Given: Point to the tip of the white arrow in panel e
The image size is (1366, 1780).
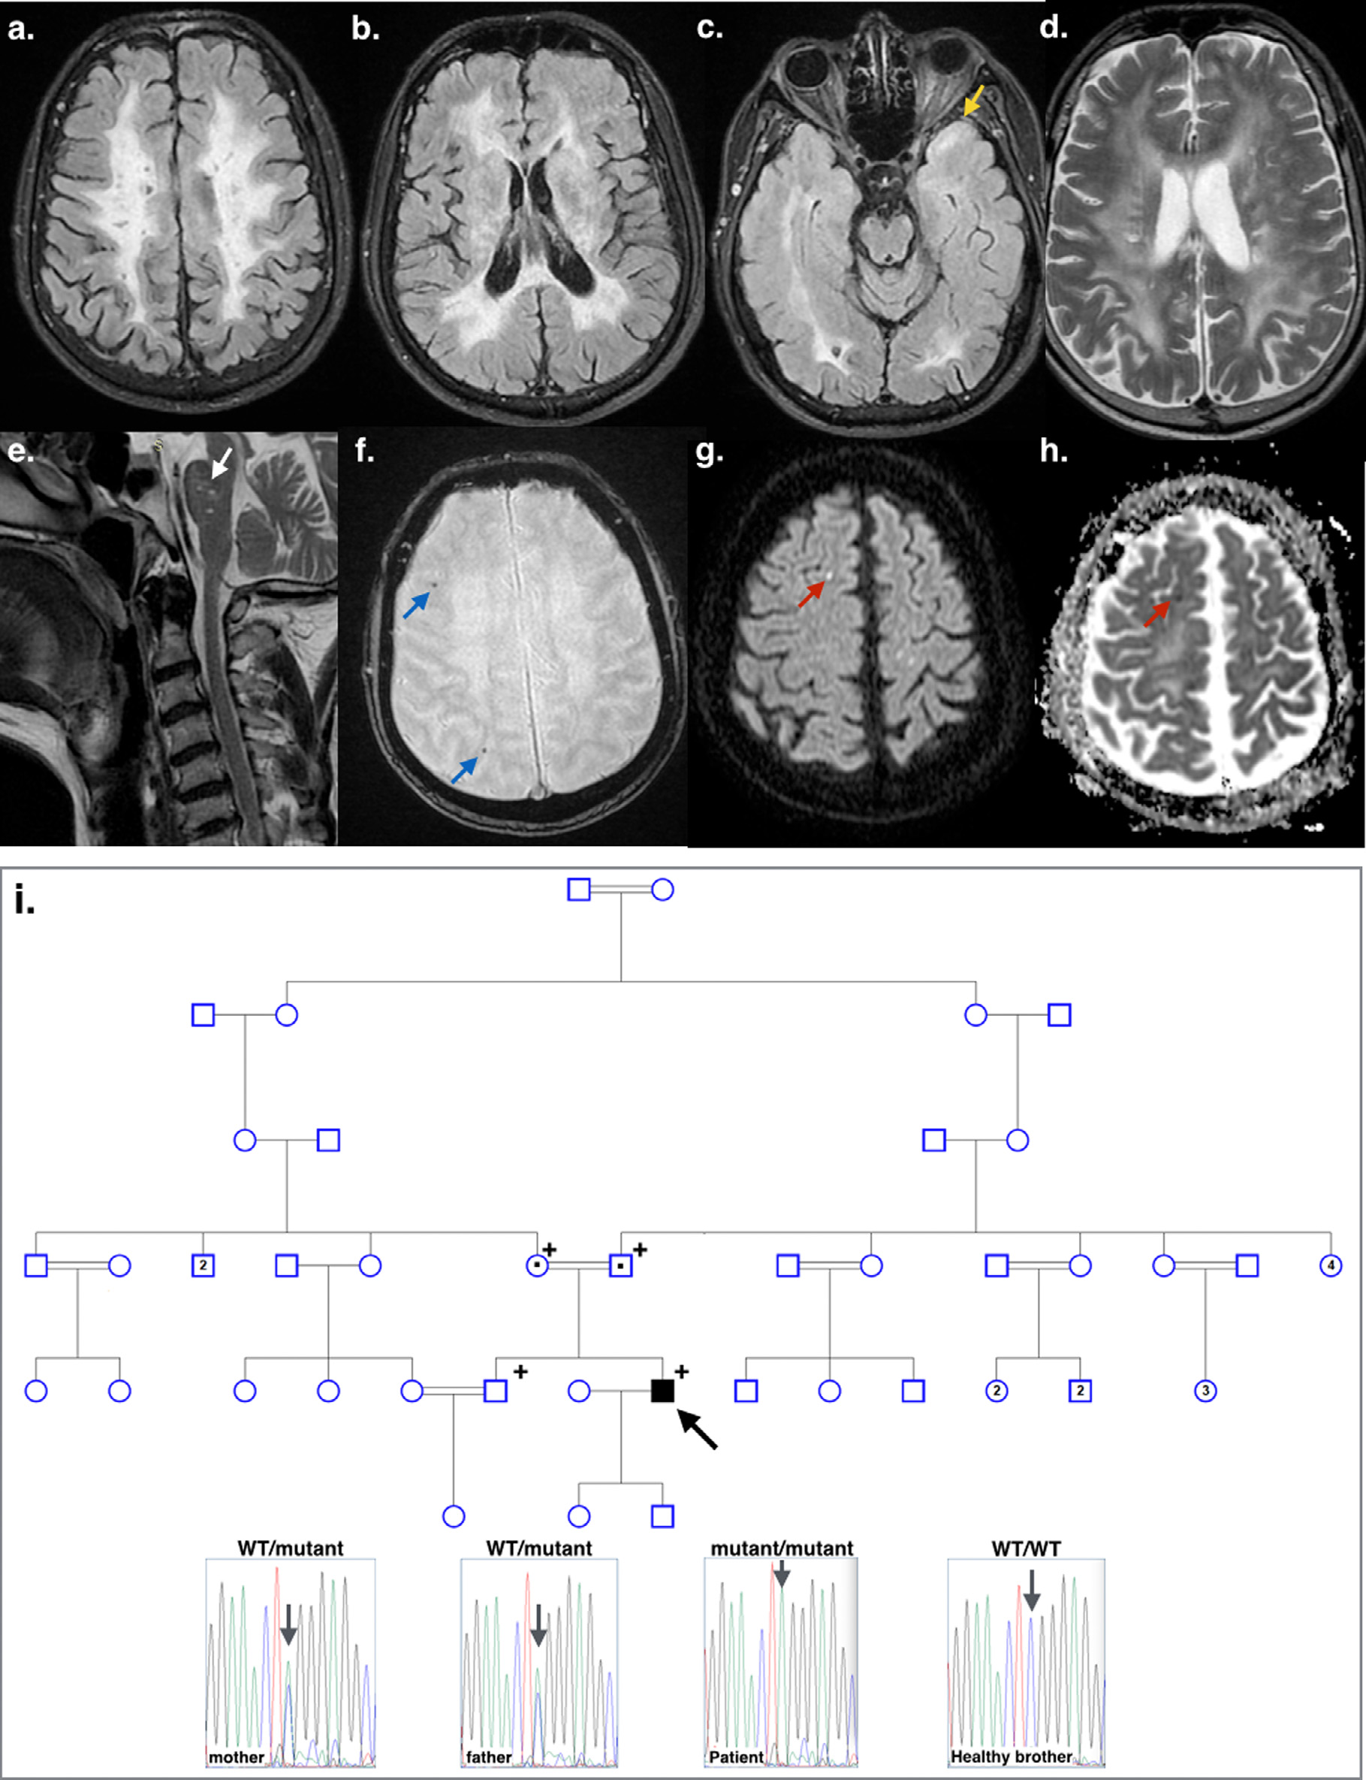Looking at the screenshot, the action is coord(213,478).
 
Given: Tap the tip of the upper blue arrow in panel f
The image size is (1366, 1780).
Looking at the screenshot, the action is coord(430,593).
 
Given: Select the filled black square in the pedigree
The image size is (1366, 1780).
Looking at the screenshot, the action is coord(662,1390).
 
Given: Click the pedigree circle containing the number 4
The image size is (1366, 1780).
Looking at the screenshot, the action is coord(1331,1266).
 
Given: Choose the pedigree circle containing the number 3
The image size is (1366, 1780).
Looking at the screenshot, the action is coord(1206,1390).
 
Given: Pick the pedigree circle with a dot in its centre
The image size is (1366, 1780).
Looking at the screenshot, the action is coord(538,1266).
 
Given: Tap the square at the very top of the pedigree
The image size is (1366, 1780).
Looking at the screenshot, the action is coord(579,889).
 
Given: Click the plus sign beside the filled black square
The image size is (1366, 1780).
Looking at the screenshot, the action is coord(681,1371).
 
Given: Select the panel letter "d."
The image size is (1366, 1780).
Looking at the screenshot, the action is coord(1054,28).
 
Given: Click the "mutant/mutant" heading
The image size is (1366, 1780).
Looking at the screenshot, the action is coord(783,1547).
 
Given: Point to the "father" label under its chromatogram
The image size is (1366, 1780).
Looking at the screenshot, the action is coord(489,1757).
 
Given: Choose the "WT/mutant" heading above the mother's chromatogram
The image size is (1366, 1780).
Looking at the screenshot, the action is coord(291,1547).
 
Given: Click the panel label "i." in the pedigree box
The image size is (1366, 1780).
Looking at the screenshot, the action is coord(24,902).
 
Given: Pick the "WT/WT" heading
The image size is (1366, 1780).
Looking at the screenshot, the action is coord(1026,1547).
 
